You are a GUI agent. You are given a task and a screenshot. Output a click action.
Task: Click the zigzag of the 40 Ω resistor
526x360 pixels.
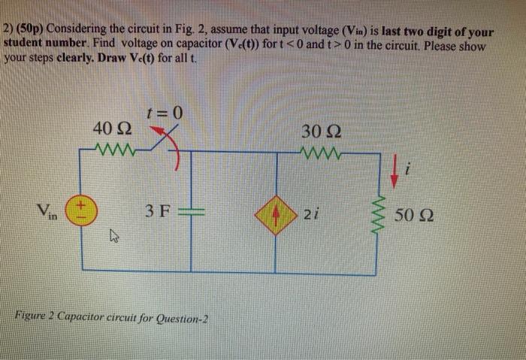point(113,148)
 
